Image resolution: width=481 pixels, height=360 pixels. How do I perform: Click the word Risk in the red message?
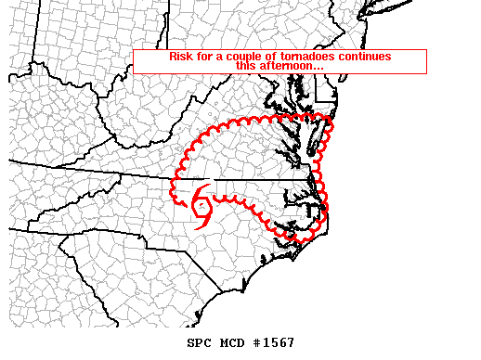tap(180, 57)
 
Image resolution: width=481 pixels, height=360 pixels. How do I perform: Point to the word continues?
tap(363, 57)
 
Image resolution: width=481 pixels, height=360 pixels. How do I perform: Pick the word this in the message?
tap(245, 66)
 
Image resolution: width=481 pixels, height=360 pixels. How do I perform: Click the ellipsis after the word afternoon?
tap(318, 68)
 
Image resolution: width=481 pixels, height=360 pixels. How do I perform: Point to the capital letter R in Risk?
tap(174, 57)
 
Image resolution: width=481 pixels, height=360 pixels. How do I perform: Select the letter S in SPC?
tap(190, 343)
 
